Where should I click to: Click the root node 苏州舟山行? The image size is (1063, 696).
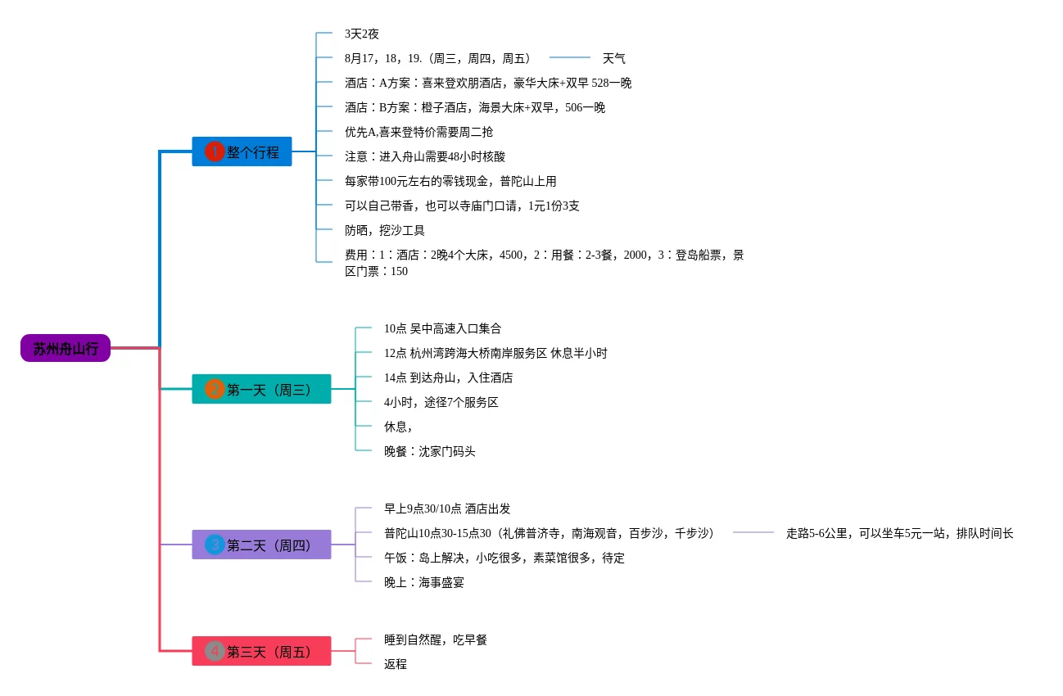(66, 348)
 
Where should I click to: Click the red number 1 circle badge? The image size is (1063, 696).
(215, 151)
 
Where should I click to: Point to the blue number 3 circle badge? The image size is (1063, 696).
(215, 545)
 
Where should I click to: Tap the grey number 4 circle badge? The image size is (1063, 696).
(215, 651)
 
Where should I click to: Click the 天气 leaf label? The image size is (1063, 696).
(613, 58)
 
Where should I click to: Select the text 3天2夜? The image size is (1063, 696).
(361, 34)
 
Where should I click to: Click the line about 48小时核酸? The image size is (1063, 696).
(424, 156)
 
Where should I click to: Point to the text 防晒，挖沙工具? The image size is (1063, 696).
(384, 230)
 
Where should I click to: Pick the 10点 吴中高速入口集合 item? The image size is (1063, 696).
(442, 328)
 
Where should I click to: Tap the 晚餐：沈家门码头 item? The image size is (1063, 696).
(429, 451)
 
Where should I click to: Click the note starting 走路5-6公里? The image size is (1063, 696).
(899, 533)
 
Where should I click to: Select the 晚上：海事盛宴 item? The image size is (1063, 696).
(423, 582)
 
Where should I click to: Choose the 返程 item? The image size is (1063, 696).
(396, 664)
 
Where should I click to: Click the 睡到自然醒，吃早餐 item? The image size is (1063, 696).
(435, 640)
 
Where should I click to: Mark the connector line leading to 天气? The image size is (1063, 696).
(569, 57)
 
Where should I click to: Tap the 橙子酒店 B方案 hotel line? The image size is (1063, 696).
(474, 107)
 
